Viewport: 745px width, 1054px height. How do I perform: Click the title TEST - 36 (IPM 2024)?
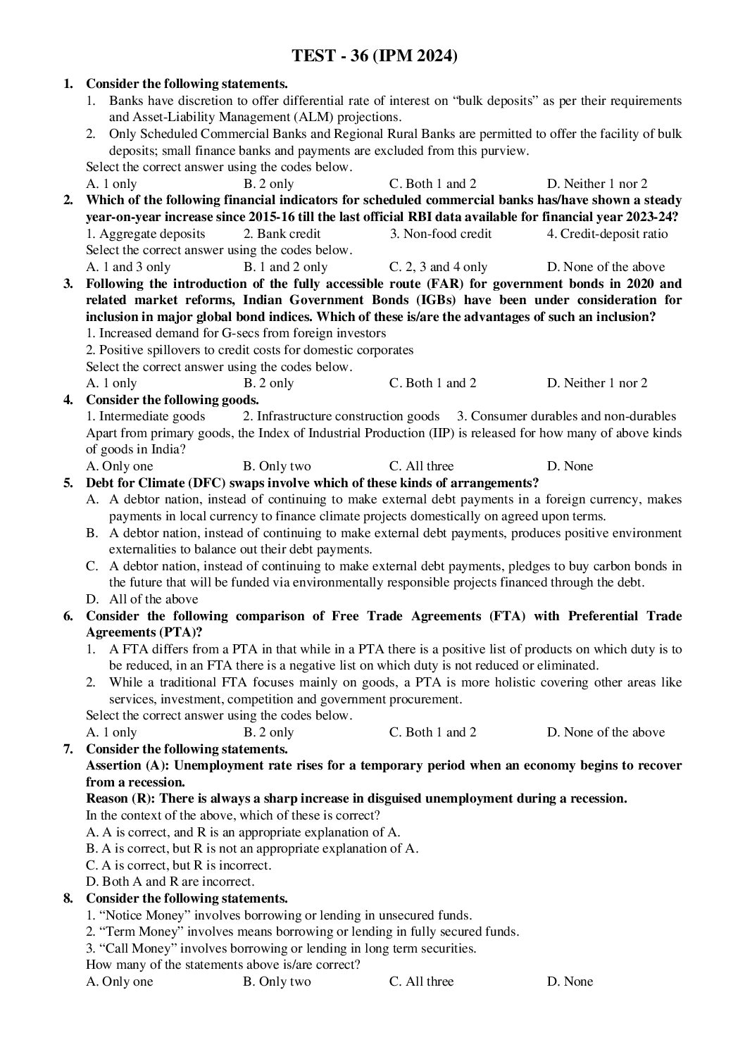(375, 56)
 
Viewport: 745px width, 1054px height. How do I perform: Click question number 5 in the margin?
(68, 483)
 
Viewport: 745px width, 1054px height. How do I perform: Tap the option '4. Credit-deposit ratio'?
(607, 234)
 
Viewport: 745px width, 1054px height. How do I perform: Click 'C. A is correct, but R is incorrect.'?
(178, 865)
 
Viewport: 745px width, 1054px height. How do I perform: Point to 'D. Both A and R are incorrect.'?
(170, 882)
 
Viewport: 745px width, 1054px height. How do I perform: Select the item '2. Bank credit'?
(282, 234)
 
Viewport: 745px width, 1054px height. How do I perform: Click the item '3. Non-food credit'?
(441, 234)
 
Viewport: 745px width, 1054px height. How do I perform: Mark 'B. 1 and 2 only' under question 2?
(285, 267)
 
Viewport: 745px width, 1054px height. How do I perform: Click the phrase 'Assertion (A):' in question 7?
(127, 765)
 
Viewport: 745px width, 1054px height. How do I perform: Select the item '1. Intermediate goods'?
(146, 416)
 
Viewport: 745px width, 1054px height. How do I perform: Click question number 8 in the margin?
(68, 898)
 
